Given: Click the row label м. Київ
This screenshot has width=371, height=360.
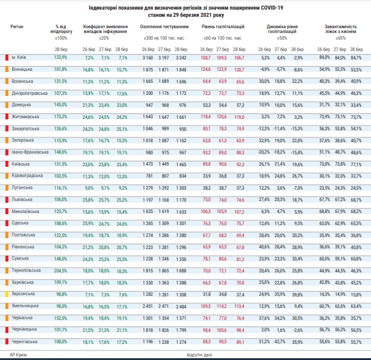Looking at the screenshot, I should pos(20,58).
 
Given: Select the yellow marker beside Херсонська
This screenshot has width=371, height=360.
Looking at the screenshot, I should pos(6,294).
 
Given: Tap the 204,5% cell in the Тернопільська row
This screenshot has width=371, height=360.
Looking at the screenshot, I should pos(60,271).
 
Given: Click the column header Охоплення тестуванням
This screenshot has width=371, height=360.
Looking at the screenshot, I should pos(164,28).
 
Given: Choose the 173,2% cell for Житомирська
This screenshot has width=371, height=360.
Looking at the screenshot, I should pos(60,116).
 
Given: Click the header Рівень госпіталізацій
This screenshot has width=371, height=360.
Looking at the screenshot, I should pos(223,28).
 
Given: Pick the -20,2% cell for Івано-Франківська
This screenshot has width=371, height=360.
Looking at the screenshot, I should pos(265,152).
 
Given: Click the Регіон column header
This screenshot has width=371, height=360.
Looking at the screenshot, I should pos(18,28).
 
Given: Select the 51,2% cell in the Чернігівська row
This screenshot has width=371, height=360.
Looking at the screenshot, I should pos(265,341).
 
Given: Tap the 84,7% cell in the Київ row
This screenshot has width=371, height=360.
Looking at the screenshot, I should pos(356,58).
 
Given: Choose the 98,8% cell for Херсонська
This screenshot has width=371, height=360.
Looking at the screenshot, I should pos(60,294).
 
